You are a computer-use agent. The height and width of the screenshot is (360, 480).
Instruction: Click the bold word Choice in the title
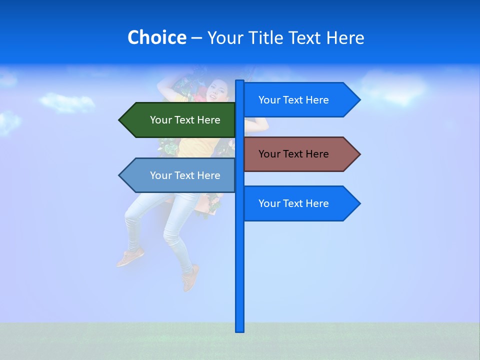point(156,37)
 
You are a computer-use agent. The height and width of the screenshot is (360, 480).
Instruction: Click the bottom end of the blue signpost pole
point(240,330)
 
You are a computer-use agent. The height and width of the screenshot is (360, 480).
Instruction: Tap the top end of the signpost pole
point(240,82)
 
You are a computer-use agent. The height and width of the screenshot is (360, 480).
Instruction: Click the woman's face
point(217,90)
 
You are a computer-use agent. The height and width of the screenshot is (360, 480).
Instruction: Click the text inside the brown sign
point(293,154)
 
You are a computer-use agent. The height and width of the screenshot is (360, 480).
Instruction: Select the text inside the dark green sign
point(185,120)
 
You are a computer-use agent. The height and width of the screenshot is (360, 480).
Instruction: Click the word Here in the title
point(345,37)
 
